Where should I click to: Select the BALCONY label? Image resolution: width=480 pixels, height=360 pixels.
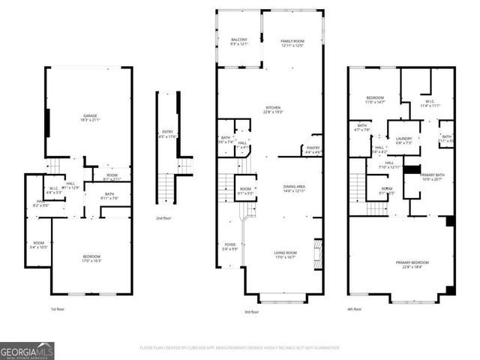tap(239, 40)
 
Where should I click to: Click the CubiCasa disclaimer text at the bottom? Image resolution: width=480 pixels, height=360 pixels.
tap(239, 348)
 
